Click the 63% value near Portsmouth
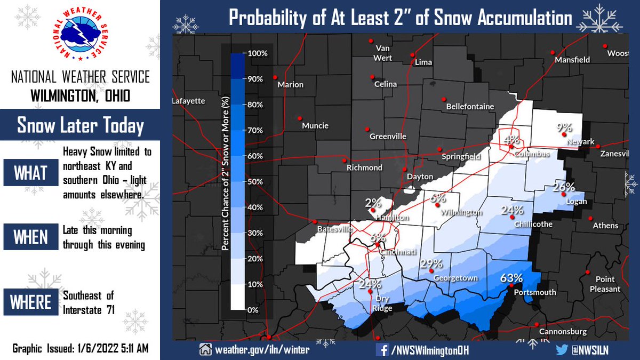pos(511,278)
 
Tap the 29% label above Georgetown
pos(431,264)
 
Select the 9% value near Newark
pos(564,127)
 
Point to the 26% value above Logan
pos(563,187)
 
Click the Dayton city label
pos(420,177)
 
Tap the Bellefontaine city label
pos(470,107)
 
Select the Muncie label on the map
pos(315,126)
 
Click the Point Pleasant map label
pos(605,284)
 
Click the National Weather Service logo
pos(80,37)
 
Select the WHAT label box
pos(31,174)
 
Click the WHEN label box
pos(31,237)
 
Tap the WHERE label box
pos(31,302)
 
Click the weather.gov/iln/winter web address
pos(261,350)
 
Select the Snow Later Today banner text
pos(80,126)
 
